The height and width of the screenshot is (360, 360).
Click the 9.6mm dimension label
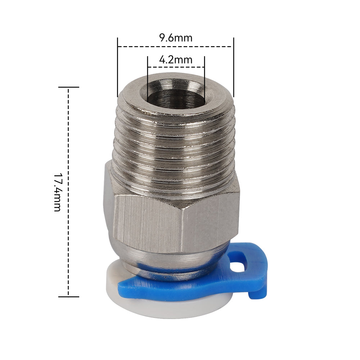tap(176, 38)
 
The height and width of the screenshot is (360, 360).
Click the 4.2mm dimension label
tap(176, 59)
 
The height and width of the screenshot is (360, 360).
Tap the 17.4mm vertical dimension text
tap(58, 192)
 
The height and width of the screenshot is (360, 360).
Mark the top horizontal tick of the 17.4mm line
tap(68, 87)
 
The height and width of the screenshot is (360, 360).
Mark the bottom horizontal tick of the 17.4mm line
tap(68, 297)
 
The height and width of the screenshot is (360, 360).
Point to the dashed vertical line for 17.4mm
tap(68, 144)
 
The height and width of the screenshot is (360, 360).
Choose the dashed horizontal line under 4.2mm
tap(176, 67)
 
